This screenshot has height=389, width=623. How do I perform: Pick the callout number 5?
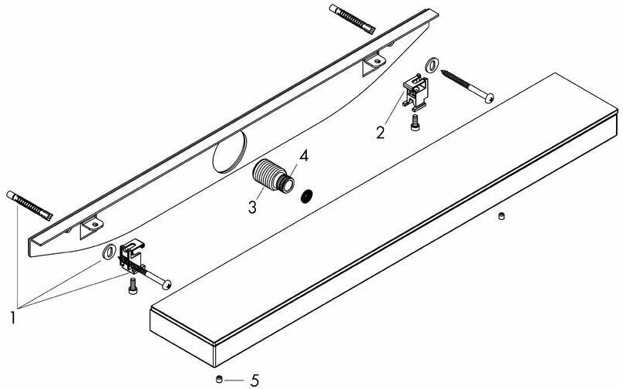[x=255, y=380]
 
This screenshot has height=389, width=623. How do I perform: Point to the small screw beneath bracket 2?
[x=416, y=122]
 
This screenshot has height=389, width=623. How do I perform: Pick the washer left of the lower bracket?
[x=109, y=252]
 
